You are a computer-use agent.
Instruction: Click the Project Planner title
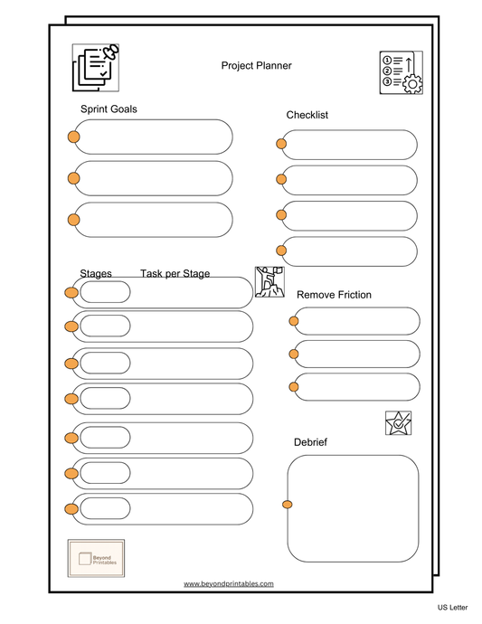point(256,65)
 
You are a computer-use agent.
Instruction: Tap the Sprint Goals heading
point(109,109)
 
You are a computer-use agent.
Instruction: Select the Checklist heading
point(307,115)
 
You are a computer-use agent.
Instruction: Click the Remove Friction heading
point(334,295)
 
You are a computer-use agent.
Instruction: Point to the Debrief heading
point(310,442)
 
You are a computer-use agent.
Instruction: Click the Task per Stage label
point(175,273)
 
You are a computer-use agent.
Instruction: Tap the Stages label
point(96,273)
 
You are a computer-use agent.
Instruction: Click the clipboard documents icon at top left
point(96,67)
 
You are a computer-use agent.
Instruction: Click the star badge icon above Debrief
point(398,423)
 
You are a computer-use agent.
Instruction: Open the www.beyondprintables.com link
point(228,584)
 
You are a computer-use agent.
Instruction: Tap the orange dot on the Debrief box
point(288,504)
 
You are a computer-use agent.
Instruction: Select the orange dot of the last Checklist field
point(281,251)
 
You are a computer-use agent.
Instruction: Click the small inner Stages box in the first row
point(105,292)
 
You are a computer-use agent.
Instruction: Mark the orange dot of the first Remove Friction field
point(293,320)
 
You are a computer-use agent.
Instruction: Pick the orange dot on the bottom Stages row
point(71,509)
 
